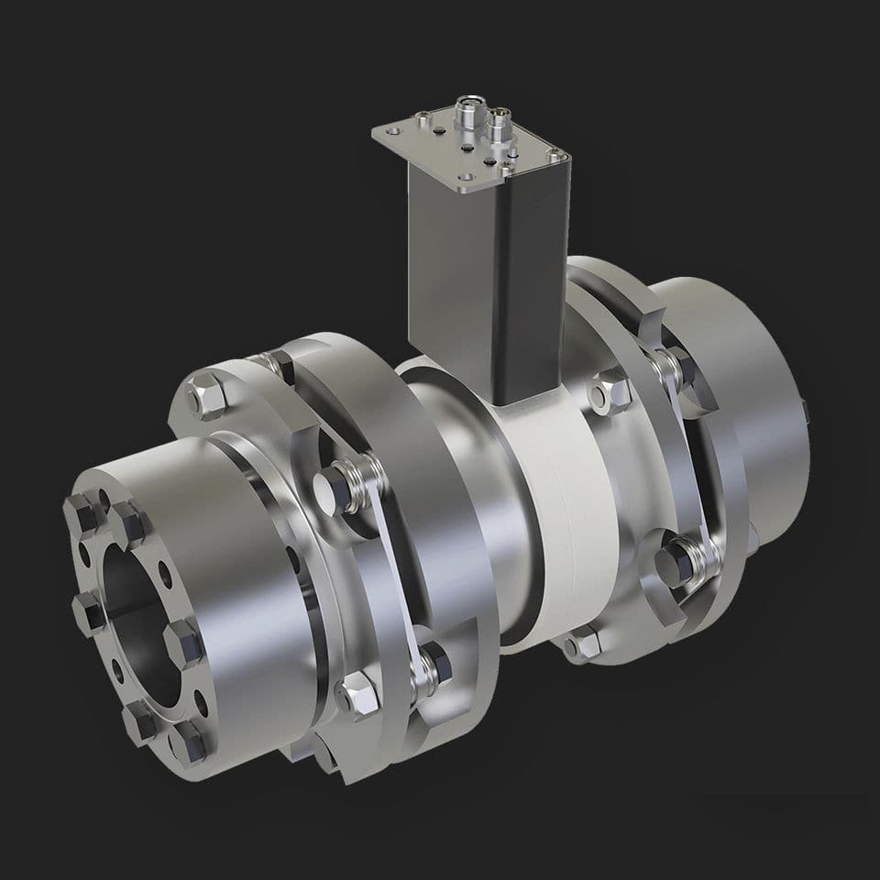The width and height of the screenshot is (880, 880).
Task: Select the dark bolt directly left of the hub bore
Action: (89, 610)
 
